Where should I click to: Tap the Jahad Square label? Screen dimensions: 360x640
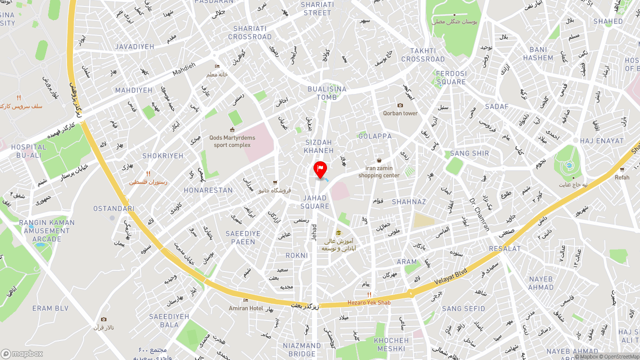(315, 202)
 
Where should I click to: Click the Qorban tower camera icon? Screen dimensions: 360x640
(400, 105)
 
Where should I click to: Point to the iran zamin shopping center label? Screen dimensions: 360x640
(379, 171)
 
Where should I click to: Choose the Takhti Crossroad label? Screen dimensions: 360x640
(423, 55)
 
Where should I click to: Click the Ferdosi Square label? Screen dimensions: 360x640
(451, 77)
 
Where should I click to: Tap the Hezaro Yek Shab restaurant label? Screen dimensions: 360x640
(369, 302)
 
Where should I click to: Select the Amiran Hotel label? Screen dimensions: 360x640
(245, 308)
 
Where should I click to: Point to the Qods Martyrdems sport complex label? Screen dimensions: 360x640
(232, 141)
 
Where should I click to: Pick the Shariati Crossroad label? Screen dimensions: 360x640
(250, 32)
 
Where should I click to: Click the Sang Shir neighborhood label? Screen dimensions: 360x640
(469, 153)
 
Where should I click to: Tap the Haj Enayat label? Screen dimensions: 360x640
(602, 141)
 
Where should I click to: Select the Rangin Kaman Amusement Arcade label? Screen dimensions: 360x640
(46, 230)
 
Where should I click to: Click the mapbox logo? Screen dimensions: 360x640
(22, 353)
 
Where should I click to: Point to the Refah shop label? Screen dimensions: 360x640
(622, 177)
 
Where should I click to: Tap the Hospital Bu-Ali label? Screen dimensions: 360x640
(28, 151)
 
